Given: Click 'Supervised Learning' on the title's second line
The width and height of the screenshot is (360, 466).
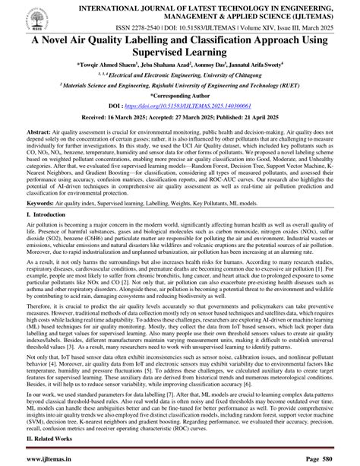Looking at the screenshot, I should tap(180, 63).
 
